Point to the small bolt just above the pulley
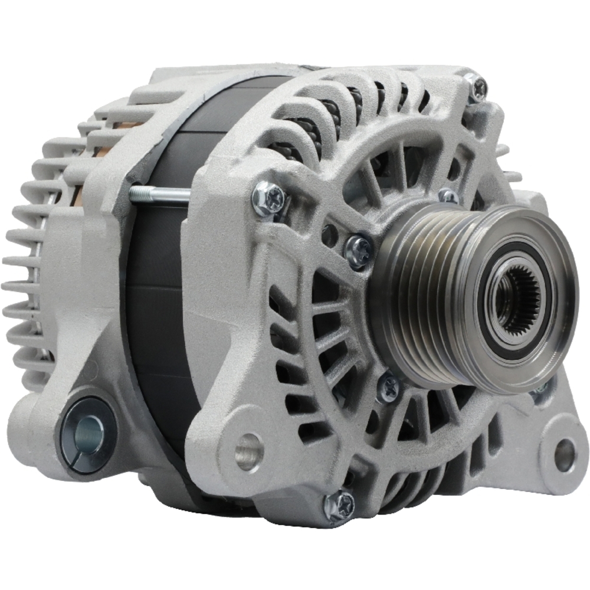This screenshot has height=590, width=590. pyautogui.click(x=448, y=196)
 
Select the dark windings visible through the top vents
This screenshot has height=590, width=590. pyautogui.click(x=330, y=112)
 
